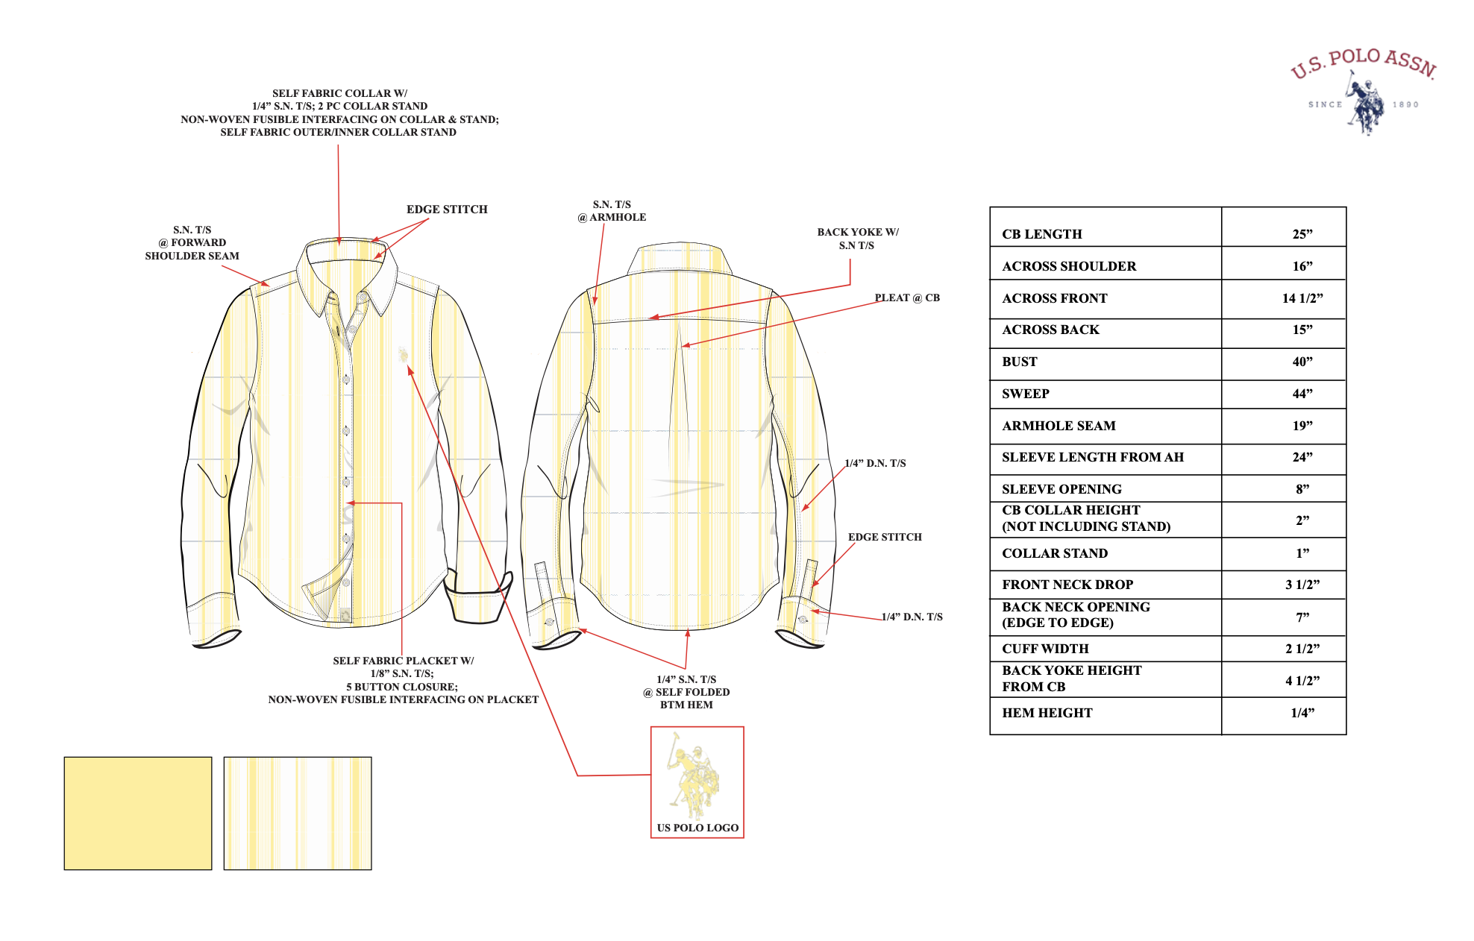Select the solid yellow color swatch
[138, 813]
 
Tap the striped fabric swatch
[298, 813]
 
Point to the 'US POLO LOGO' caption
[697, 828]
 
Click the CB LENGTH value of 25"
[1302, 234]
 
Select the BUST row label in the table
[1020, 362]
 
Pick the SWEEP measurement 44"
[1302, 394]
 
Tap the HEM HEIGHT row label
[1047, 713]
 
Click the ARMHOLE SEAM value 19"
[1302, 426]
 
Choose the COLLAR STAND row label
[1055, 553]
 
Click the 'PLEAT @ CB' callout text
[907, 298]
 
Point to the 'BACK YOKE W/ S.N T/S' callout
[858, 239]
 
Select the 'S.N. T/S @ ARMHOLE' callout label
[612, 211]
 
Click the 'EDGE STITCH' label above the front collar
[447, 210]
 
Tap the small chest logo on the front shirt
[404, 354]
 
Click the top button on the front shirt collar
[363, 298]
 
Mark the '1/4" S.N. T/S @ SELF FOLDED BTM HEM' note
[686, 692]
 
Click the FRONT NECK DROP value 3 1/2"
[1302, 585]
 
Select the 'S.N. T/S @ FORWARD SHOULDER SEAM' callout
[192, 243]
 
